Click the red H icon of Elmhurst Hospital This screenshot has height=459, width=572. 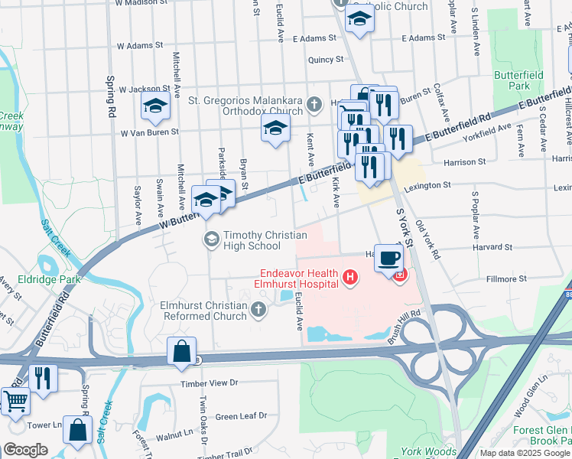[x=350, y=276]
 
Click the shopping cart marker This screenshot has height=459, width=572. [x=15, y=400]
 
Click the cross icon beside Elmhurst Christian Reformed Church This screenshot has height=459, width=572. [x=258, y=310]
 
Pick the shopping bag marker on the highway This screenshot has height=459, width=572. [x=182, y=352]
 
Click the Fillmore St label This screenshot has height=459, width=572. [x=506, y=279]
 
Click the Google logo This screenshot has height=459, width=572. [x=26, y=449]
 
